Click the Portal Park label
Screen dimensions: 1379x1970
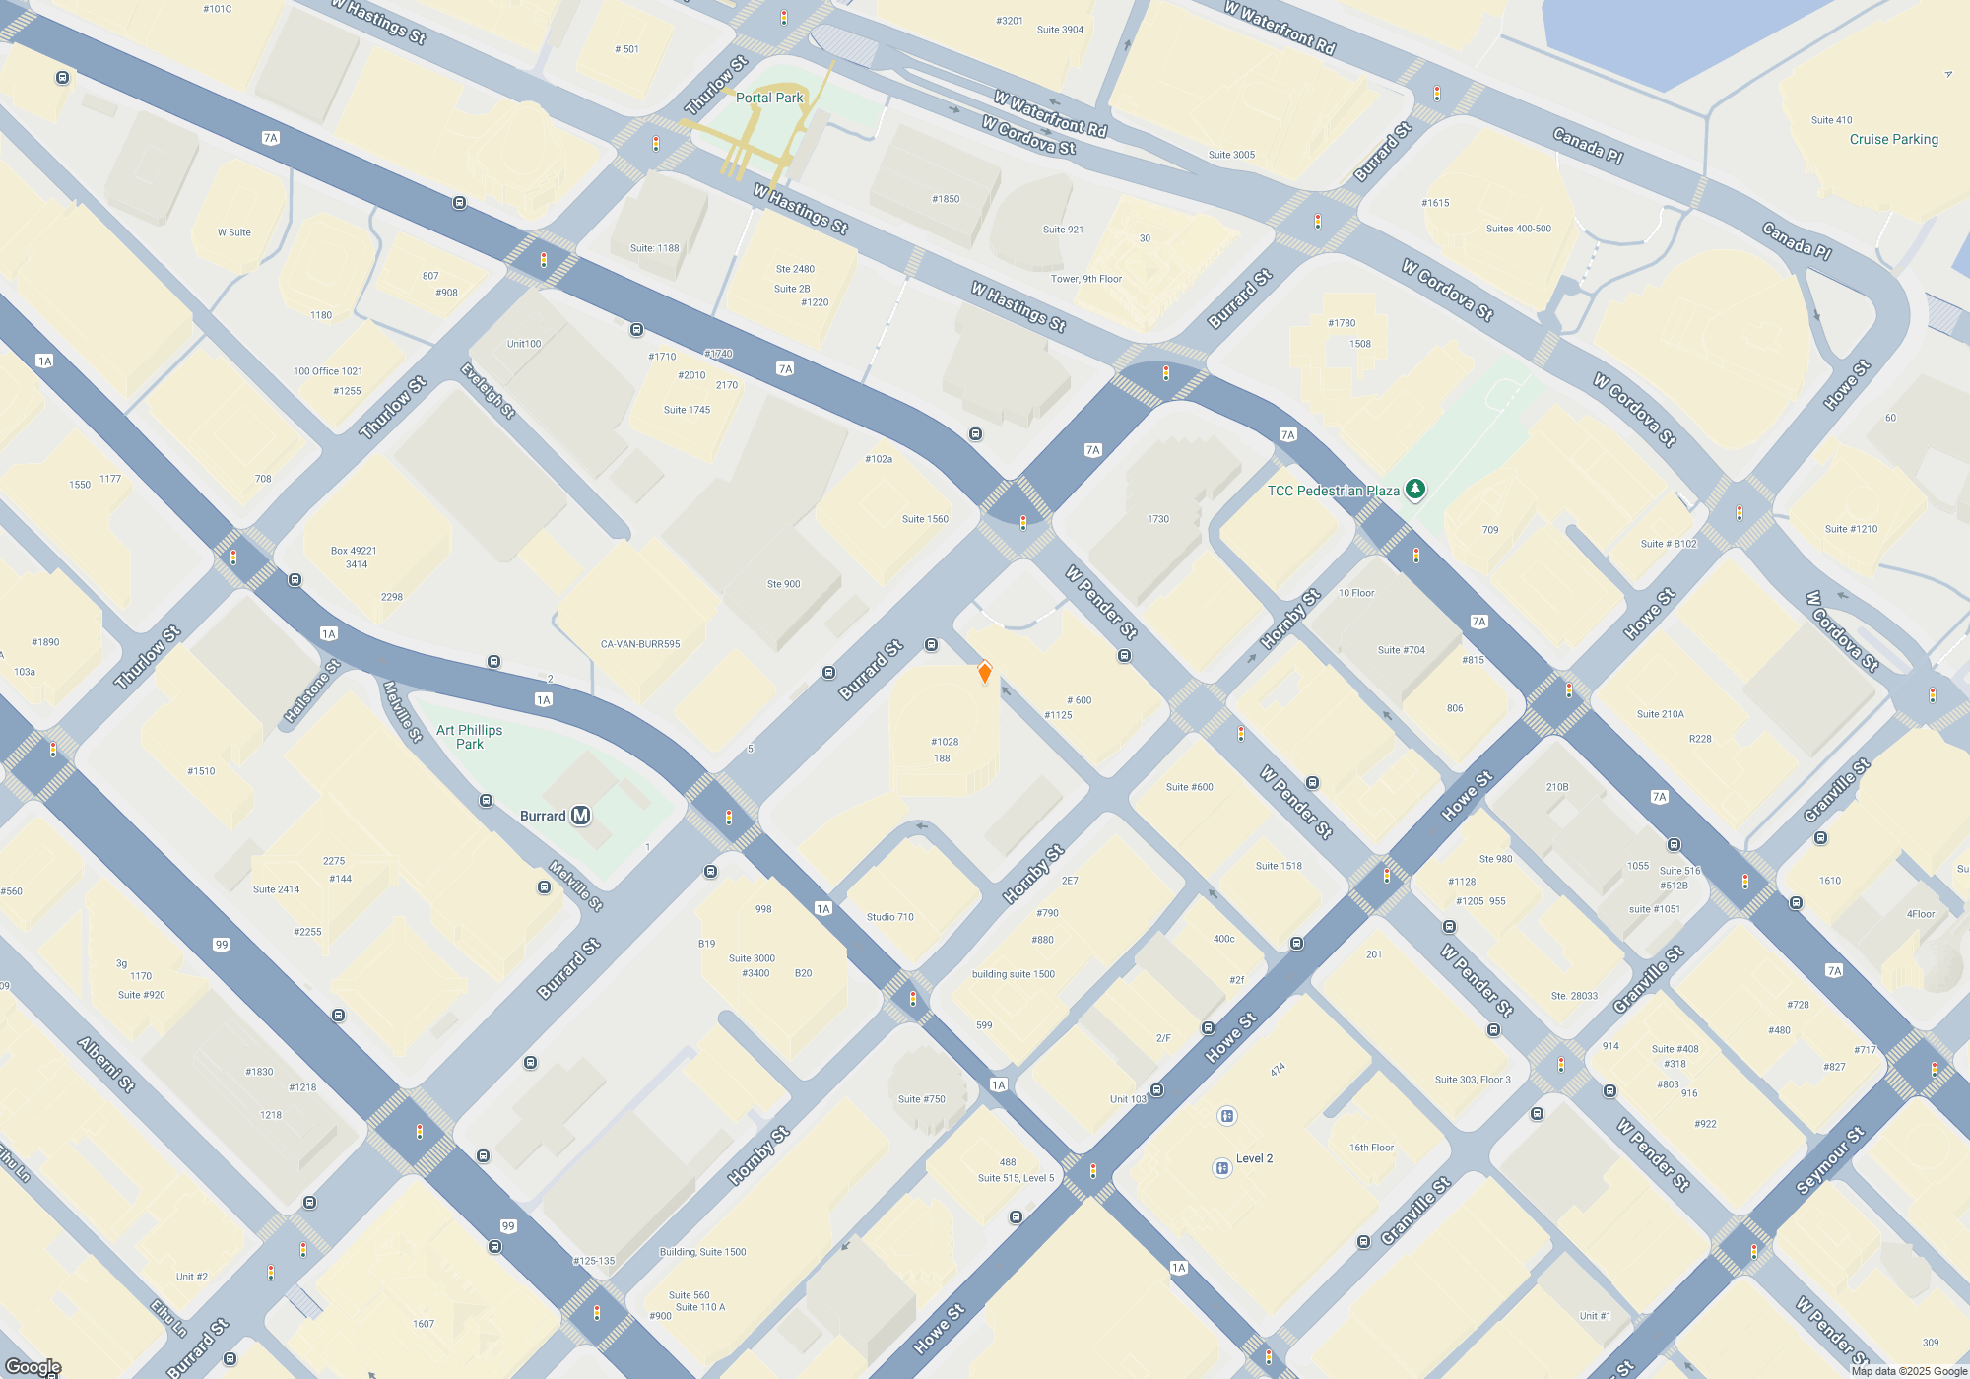pyautogui.click(x=769, y=98)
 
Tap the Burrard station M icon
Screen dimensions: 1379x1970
pyautogui.click(x=581, y=816)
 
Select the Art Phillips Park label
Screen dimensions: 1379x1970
pyautogui.click(x=469, y=737)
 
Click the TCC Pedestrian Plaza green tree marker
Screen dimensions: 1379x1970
pyautogui.click(x=1414, y=489)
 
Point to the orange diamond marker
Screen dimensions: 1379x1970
pyautogui.click(x=984, y=673)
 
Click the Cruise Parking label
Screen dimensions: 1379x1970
pyautogui.click(x=1893, y=139)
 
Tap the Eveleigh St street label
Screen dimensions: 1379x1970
pyautogui.click(x=488, y=391)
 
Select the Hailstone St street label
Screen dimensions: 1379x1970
pyautogui.click(x=311, y=691)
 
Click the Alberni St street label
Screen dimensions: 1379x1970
pyautogui.click(x=105, y=1065)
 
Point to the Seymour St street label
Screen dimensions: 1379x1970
pyautogui.click(x=1829, y=1160)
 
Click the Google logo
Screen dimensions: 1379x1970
pyautogui.click(x=33, y=1366)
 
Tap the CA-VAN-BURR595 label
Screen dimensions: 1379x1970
pyautogui.click(x=640, y=644)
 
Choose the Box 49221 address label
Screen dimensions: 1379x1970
pyautogui.click(x=354, y=551)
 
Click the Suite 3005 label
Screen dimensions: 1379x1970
pyautogui.click(x=1231, y=155)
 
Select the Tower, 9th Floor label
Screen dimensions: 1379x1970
pyautogui.click(x=1086, y=279)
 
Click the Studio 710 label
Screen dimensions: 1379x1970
pyautogui.click(x=889, y=917)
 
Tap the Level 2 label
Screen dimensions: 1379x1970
pyautogui.click(x=1254, y=1158)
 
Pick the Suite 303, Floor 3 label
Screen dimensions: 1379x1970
pyautogui.click(x=1472, y=1080)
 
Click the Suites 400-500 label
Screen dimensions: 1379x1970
pyautogui.click(x=1518, y=229)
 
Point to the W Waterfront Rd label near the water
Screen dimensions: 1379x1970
pyautogui.click(x=1280, y=27)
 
